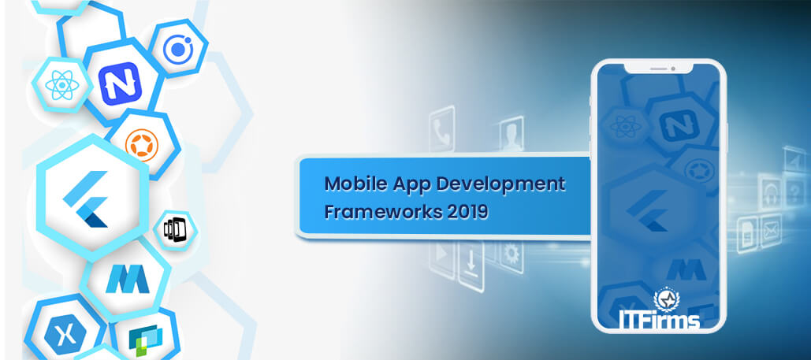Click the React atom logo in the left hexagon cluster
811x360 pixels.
click(x=62, y=85)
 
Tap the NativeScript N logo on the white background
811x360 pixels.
click(x=120, y=84)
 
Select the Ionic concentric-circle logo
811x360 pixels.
click(x=178, y=50)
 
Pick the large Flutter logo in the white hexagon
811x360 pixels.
click(x=86, y=199)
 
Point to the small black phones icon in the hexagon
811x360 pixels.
click(x=174, y=229)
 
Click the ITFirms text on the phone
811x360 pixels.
click(x=660, y=318)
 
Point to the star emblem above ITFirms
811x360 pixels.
click(x=666, y=299)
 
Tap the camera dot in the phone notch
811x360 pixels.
click(x=673, y=69)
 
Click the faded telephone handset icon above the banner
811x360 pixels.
click(x=441, y=123)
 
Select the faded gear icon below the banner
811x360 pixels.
click(x=511, y=255)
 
